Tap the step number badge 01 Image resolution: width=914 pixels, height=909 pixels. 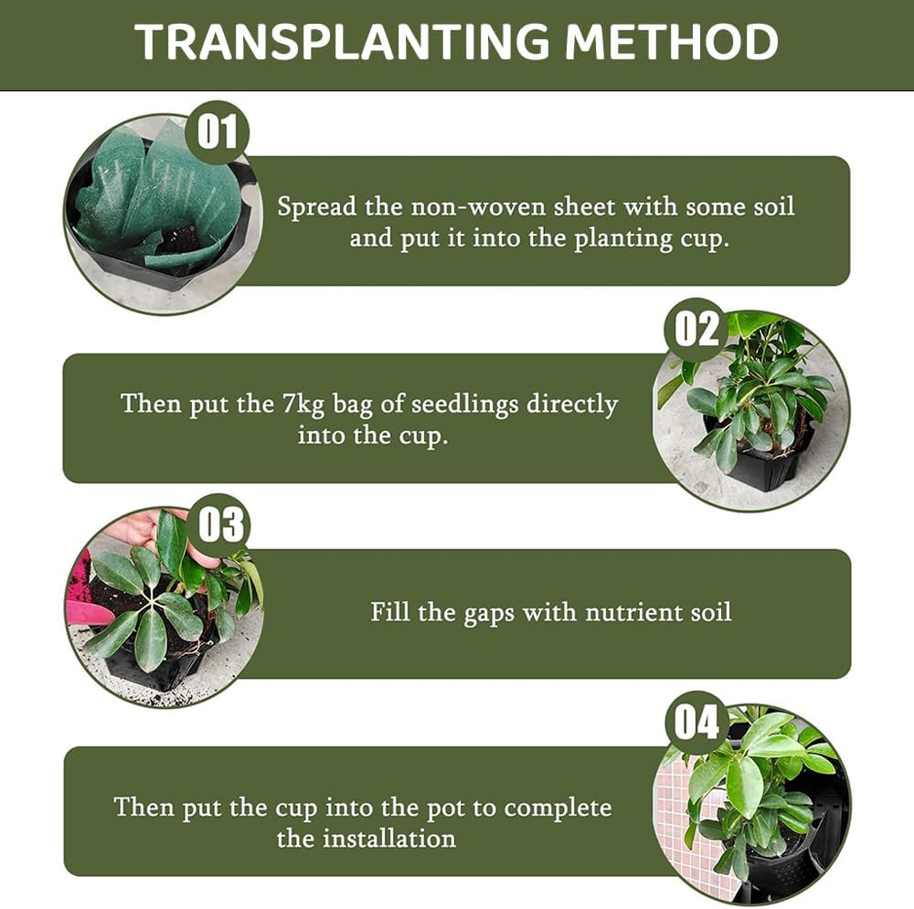(x=217, y=132)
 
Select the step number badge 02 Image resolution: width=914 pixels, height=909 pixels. (x=696, y=329)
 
